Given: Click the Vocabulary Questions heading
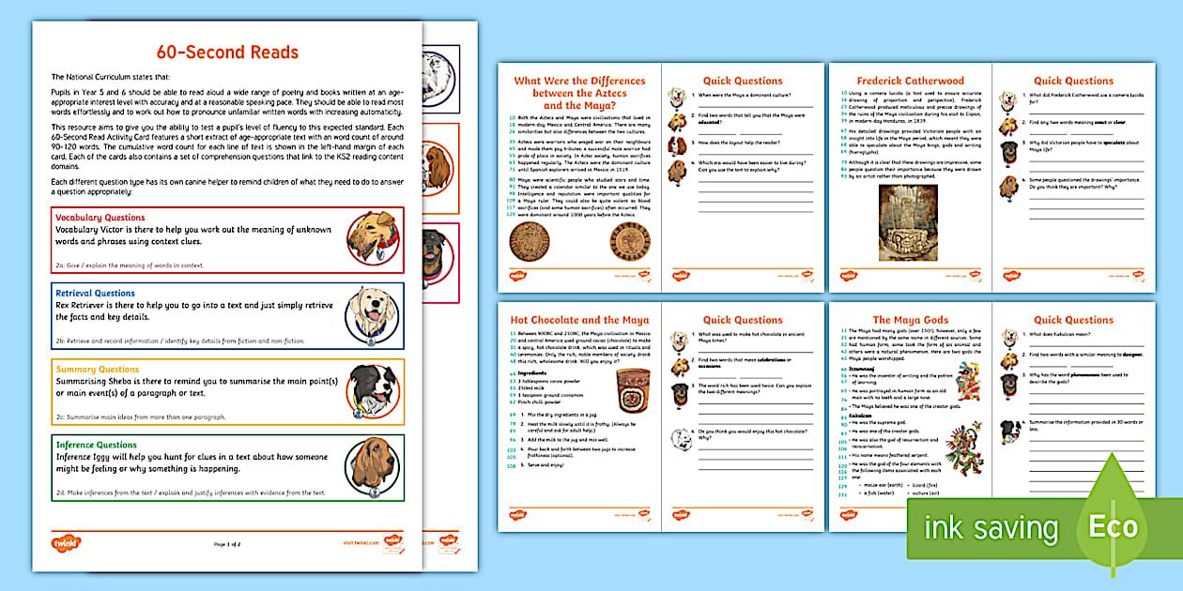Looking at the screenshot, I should coord(93,218).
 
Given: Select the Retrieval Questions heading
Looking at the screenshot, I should coord(96,294).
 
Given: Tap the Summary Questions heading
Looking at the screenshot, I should coord(97,370).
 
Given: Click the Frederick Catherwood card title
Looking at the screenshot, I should coord(910,81).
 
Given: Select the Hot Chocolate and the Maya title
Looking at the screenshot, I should coord(579,320).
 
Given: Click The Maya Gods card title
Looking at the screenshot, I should coord(910,320).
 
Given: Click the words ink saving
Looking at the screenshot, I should coord(991,528).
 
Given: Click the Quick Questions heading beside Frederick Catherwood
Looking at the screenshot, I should coord(1073,81).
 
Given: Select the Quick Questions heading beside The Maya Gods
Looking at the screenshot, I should coord(1073,320).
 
